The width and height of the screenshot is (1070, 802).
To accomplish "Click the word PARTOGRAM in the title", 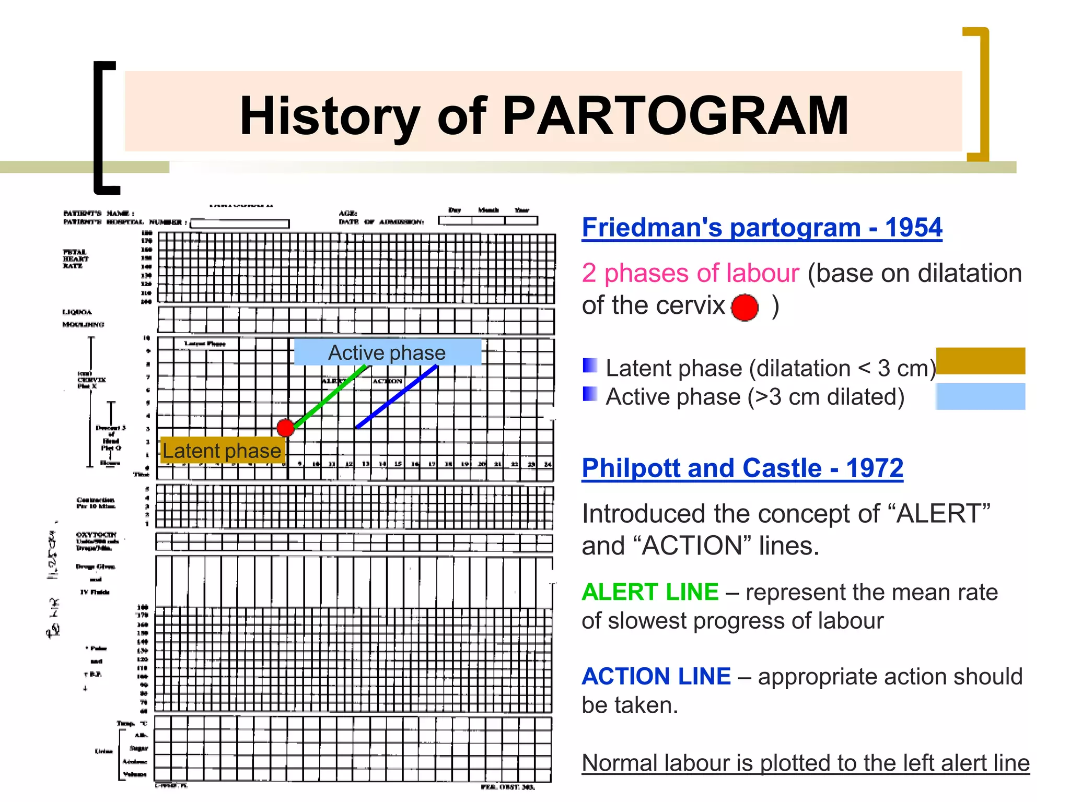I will coord(675,116).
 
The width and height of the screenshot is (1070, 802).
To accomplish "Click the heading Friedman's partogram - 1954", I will coord(762,228).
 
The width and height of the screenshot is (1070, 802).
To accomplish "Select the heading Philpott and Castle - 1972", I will coord(742,468).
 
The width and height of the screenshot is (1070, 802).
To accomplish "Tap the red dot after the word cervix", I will coord(745,308).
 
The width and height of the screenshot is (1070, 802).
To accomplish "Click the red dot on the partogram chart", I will coord(286,428).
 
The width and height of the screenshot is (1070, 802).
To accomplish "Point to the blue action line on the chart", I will coord(397,397).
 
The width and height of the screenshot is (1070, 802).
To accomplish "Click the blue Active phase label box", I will coord(387,352).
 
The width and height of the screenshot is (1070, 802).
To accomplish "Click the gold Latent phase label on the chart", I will coord(222,451).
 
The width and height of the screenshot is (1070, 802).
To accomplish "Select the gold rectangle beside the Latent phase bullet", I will coord(980,361).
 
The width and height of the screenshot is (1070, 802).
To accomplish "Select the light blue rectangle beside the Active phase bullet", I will coord(980,396).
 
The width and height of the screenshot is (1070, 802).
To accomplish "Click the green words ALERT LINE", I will coord(650,592).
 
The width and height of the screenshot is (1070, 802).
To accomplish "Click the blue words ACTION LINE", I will coord(656,677).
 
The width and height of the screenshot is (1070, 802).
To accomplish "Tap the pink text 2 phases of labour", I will coord(690,273).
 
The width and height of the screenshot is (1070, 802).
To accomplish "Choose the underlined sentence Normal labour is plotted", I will coord(805,763).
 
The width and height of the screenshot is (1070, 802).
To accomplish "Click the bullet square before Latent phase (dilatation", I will coord(590,365).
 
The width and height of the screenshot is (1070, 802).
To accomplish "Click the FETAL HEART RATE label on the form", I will coord(75,259).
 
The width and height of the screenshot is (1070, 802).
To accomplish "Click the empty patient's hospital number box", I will coord(240,223).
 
